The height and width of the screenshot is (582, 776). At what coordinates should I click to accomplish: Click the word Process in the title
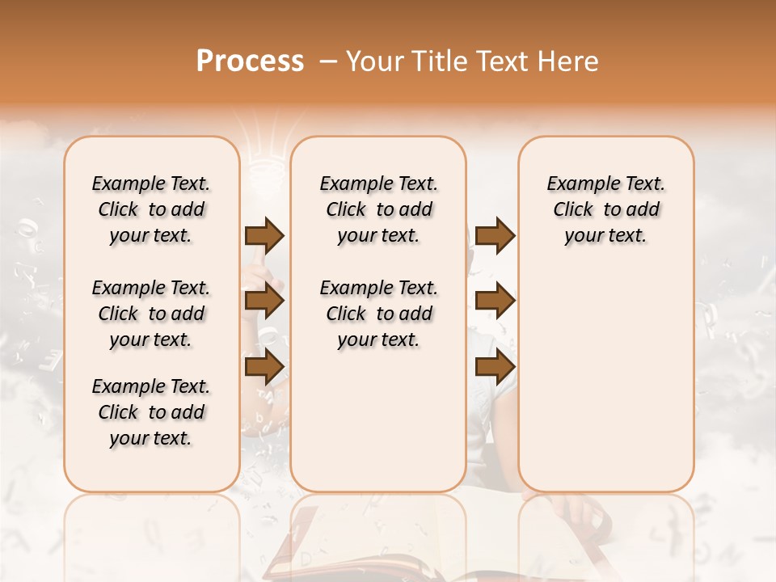[250, 61]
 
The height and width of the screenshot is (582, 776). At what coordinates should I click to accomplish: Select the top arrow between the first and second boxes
[264, 235]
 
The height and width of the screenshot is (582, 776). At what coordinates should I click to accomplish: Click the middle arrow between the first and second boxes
[264, 302]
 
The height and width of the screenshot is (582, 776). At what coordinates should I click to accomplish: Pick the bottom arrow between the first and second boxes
[264, 367]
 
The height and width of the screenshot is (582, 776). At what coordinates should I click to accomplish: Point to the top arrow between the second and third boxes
[495, 235]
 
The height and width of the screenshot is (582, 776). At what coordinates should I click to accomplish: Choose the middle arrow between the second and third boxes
[495, 302]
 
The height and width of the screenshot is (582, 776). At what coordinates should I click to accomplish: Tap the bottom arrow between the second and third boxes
[495, 367]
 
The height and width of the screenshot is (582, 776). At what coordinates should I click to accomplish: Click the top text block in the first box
[151, 209]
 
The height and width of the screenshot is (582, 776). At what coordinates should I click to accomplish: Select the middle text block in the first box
[151, 314]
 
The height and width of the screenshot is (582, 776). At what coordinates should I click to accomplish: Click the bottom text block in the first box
[151, 412]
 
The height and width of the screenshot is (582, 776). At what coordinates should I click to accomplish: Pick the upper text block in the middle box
[378, 209]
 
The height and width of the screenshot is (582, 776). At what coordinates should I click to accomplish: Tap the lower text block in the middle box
[378, 314]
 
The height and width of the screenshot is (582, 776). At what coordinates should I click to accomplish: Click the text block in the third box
[606, 209]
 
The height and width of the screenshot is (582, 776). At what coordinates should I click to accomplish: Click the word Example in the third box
[576, 184]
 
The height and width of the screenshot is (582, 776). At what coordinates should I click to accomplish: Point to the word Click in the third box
[573, 210]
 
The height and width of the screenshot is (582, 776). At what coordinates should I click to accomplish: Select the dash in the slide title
[328, 61]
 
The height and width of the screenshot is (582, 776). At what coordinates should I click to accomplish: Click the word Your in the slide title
[375, 61]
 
